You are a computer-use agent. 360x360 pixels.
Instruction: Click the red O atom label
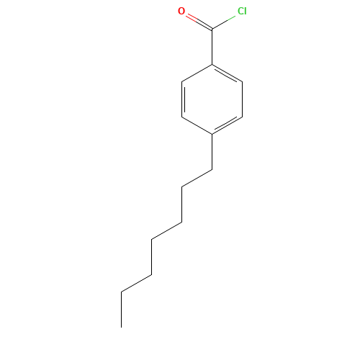(x=181, y=11)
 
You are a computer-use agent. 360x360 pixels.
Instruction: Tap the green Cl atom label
(x=242, y=11)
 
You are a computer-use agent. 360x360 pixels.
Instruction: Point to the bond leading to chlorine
(x=223, y=23)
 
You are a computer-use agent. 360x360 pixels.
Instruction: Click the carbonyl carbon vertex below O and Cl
(x=212, y=30)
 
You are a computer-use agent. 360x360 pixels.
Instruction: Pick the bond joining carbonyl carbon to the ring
(x=212, y=47)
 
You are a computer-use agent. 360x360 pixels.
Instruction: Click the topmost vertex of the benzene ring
(x=212, y=64)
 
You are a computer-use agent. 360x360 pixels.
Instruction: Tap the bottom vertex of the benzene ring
(x=212, y=134)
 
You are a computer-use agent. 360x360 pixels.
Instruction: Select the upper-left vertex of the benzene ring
(x=182, y=82)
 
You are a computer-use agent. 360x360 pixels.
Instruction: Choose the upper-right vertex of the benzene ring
(x=242, y=82)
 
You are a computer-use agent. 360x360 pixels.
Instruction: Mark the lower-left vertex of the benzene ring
(x=182, y=117)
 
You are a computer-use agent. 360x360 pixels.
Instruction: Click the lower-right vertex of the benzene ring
(x=242, y=117)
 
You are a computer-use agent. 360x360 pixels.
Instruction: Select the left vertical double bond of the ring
(x=183, y=99)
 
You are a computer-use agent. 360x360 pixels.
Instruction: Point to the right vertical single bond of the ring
(x=242, y=99)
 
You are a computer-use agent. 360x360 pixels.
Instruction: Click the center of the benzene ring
(x=212, y=99)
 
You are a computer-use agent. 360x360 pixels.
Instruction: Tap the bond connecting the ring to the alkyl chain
(x=212, y=152)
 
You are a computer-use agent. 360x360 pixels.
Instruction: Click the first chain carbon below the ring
(x=212, y=170)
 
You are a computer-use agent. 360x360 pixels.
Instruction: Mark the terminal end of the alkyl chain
(x=121, y=327)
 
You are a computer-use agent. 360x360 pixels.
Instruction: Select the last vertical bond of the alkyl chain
(x=121, y=310)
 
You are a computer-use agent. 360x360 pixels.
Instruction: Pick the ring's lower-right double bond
(x=227, y=125)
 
